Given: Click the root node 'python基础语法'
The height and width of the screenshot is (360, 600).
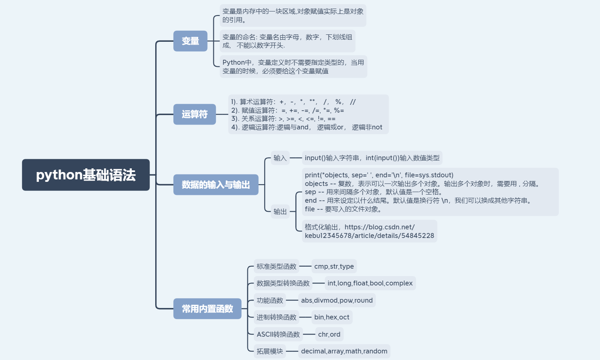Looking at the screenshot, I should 86,175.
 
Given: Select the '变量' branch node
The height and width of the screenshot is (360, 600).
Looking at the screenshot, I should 190,41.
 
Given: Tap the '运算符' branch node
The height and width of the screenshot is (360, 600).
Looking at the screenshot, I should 195,114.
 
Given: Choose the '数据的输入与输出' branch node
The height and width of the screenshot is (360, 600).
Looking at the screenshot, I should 215,185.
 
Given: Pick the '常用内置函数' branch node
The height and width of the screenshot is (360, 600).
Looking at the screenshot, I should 207,309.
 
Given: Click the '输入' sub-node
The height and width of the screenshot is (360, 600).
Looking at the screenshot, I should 280,158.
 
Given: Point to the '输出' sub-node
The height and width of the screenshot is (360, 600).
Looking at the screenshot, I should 280,212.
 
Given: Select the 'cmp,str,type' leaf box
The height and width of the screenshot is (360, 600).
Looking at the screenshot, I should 334,266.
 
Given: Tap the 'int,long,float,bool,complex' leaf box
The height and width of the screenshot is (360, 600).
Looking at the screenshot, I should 370,283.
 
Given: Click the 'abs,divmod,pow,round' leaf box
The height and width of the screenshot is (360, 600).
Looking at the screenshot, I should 337,300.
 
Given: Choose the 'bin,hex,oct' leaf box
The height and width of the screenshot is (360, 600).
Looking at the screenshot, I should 332,317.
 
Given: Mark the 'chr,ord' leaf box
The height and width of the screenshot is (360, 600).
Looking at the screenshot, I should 329,334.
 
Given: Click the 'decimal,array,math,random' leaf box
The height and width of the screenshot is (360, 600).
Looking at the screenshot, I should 344,351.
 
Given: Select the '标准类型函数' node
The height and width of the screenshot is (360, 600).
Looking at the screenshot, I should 276,266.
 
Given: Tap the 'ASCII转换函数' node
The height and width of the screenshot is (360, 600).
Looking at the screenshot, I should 278,334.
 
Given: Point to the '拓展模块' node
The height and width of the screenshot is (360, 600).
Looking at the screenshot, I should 270,351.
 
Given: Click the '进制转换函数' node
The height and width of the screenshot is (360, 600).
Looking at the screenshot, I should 276,317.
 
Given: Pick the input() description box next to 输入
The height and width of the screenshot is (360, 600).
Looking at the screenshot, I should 372,158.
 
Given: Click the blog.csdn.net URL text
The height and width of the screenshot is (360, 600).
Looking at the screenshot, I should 369,231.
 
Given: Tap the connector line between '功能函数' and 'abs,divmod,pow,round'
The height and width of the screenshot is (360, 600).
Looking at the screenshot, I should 292,300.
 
